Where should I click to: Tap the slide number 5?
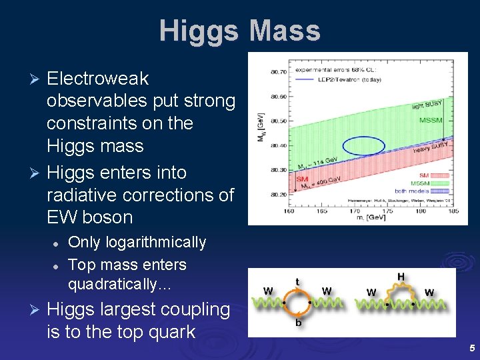click(471, 348)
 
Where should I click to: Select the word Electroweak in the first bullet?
click(98, 79)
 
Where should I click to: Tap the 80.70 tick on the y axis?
click(279, 71)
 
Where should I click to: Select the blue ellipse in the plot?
click(364, 145)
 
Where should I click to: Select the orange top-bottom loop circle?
click(298, 303)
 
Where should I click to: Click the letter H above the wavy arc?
click(400, 277)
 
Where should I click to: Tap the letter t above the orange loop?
click(297, 281)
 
